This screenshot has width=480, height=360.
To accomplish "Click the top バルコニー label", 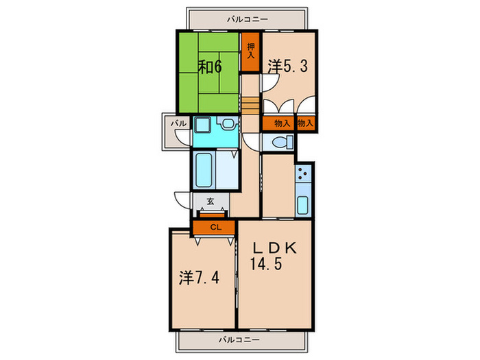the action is point(248,20).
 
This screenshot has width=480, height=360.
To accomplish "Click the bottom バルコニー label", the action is point(239,340).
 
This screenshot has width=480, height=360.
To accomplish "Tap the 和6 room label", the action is point(210,67).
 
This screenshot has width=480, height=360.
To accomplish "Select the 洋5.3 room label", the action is point(287,66).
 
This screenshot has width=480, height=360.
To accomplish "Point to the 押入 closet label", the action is point(251,51).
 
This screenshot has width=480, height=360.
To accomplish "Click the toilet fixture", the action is point(283,143).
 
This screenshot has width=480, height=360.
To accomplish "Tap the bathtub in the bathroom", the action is point(204,170).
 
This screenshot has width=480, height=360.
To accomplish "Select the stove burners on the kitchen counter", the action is point(303,173).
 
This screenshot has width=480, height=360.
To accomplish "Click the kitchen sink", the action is point(303,205).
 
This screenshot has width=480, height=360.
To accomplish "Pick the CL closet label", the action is point(215,228).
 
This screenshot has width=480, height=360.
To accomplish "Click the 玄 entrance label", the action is point(211,202).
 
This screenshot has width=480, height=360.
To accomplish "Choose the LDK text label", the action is point(274,248).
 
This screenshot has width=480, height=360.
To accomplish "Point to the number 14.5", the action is point(266,263).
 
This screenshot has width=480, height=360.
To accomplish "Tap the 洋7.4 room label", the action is point(200,278).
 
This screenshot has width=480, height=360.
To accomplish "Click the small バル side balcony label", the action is point(178,123).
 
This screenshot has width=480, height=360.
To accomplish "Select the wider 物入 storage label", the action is point(282,123).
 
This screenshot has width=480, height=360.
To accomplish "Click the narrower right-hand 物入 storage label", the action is point(306,123).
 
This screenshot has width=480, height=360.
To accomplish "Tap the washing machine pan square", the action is point(202,125).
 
